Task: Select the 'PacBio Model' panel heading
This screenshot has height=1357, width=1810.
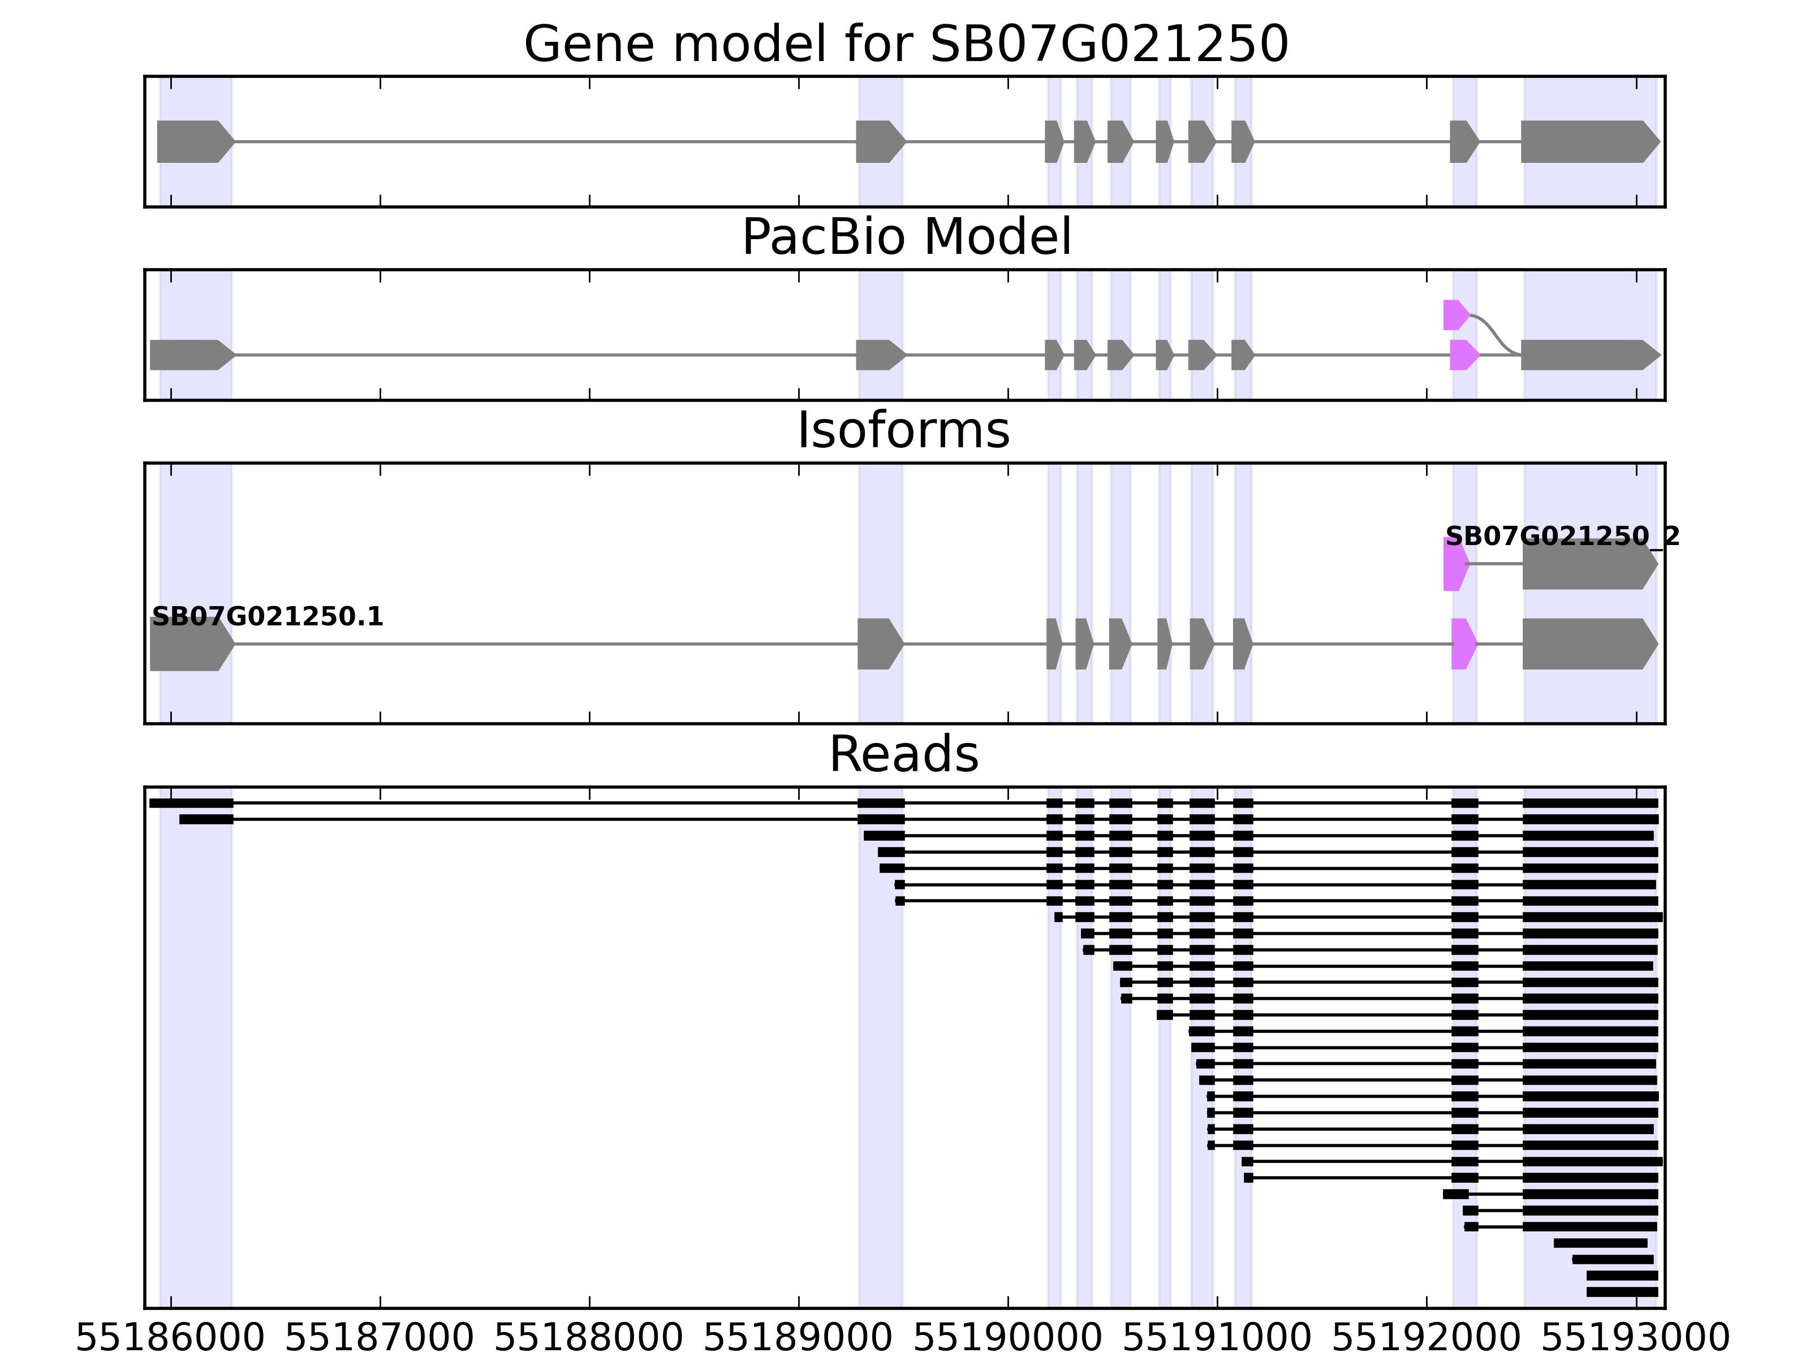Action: [x=905, y=238]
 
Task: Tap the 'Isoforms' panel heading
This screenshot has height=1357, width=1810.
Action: [x=903, y=431]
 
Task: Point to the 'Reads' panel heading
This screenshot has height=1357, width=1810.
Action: [x=903, y=755]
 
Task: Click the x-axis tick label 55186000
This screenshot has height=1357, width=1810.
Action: [x=170, y=1339]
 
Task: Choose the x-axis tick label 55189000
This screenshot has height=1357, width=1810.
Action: [x=798, y=1339]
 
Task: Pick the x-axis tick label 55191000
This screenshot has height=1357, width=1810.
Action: [x=1217, y=1339]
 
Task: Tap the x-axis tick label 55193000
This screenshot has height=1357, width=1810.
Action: [x=1635, y=1339]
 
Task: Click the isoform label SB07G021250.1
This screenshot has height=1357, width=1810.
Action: [x=268, y=617]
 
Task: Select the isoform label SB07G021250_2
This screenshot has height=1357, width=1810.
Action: [x=1561, y=537]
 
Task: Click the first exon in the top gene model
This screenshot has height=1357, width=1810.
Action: [x=193, y=141]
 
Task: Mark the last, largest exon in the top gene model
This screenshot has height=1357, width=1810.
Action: [x=1588, y=141]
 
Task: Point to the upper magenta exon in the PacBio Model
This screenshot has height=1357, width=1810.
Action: [x=1454, y=315]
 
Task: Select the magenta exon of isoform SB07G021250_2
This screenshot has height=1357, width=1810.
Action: [x=1454, y=564]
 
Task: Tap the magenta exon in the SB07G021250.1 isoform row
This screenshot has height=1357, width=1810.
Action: [x=1462, y=644]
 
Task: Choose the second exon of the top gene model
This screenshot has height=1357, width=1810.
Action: [x=879, y=141]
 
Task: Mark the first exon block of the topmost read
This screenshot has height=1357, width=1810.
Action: [x=192, y=803]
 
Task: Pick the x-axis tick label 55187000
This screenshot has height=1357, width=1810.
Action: [x=380, y=1339]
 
